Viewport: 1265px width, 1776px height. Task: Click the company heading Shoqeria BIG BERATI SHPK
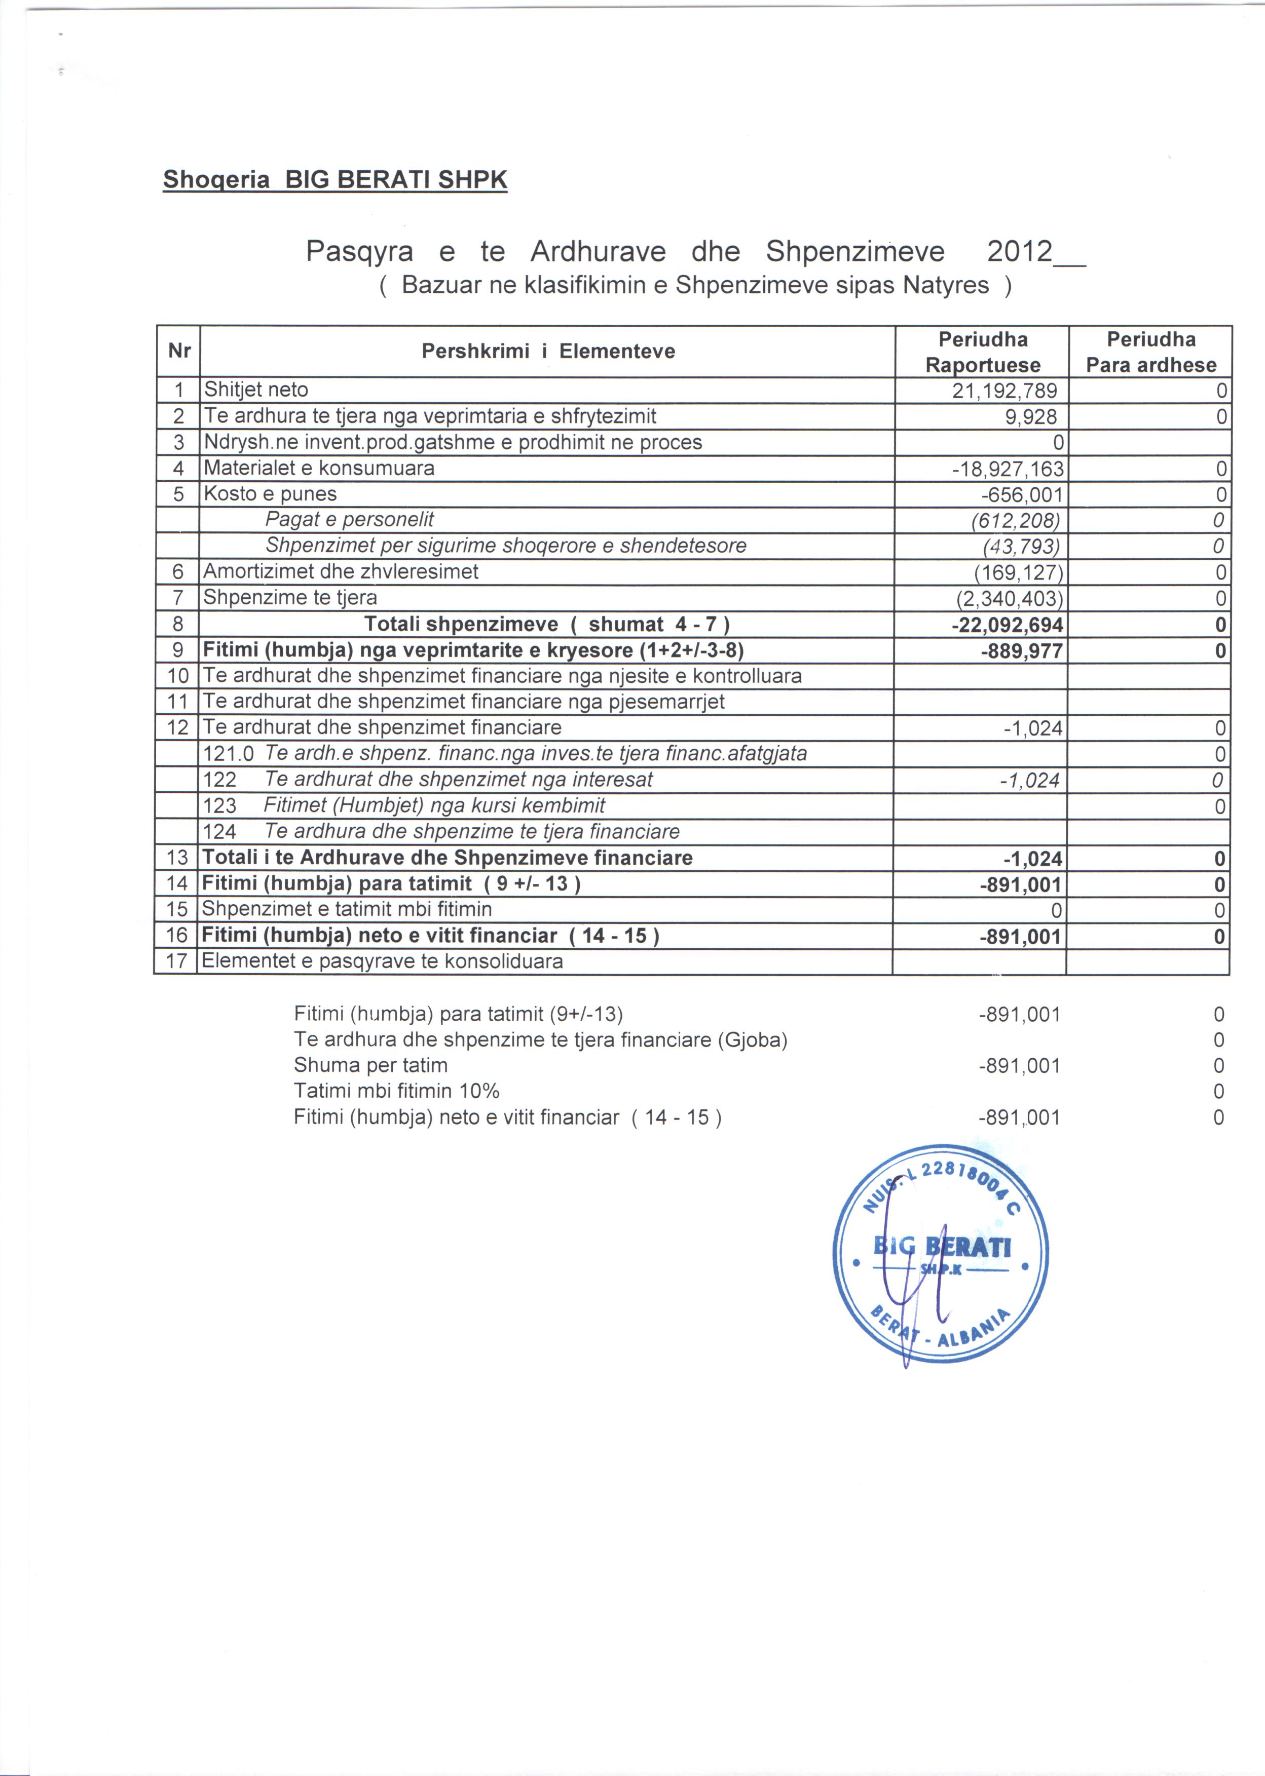tap(335, 180)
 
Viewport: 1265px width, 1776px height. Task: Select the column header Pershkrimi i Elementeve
tap(547, 351)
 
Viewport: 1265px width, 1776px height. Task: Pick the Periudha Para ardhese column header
tap(1150, 352)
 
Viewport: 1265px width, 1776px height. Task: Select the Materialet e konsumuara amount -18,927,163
tap(1007, 469)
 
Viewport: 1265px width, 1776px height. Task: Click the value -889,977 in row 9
tap(1021, 651)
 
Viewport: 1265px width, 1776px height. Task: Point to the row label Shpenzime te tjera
tap(290, 597)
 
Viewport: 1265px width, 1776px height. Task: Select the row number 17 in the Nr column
tap(177, 961)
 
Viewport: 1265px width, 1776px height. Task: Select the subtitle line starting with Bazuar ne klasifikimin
tap(695, 286)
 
